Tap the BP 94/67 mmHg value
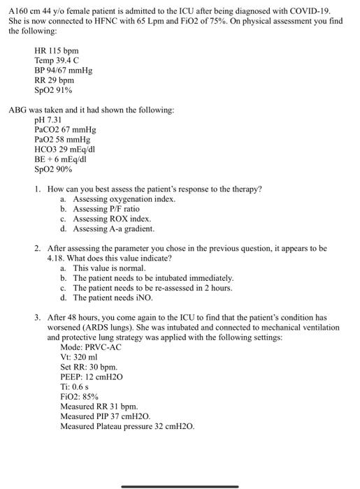[63, 71]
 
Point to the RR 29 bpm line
[54, 81]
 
